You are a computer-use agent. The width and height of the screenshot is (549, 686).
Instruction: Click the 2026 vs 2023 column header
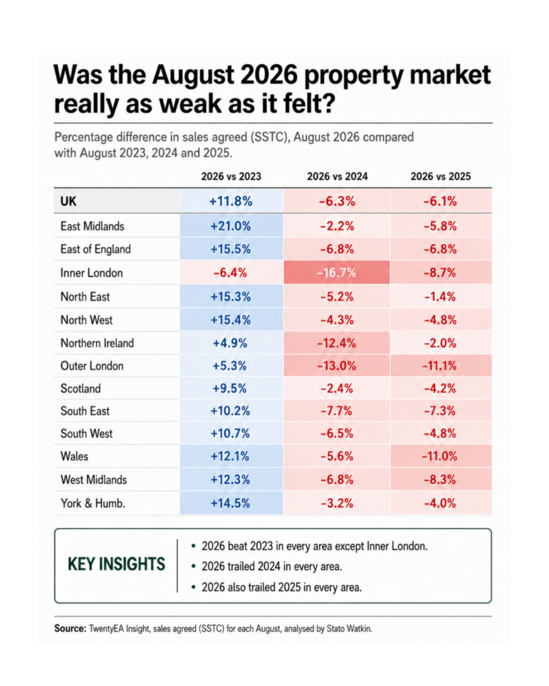[x=231, y=176]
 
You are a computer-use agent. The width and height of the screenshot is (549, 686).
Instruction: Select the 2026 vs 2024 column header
[x=337, y=176]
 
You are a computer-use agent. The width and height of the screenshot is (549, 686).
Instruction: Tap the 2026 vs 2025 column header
[x=441, y=176]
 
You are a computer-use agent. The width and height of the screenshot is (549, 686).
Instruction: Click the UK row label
[x=68, y=201]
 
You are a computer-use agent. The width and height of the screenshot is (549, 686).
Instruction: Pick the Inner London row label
[x=91, y=273]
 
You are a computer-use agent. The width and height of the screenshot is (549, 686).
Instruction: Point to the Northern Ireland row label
[x=97, y=343]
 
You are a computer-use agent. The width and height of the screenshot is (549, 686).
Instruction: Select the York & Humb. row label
[x=93, y=503]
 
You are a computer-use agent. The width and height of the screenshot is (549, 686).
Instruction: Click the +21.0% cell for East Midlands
[x=231, y=226]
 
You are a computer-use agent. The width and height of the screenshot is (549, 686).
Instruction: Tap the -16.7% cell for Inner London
[x=337, y=273]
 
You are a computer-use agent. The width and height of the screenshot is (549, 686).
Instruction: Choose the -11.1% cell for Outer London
[x=439, y=366]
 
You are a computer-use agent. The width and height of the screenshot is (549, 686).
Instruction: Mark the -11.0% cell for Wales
[x=439, y=456]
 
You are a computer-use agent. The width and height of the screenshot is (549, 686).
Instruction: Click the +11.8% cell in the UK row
[x=231, y=201]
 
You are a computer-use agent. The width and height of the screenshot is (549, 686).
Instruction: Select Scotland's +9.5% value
[x=230, y=389]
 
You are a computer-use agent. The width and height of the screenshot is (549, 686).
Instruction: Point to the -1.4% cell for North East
[x=440, y=297]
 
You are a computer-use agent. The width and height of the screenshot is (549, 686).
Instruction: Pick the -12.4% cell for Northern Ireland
[x=337, y=343]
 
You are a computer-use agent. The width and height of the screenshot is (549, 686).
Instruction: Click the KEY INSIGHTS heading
[x=117, y=564]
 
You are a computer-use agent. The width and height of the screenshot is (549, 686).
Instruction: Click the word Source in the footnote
[x=70, y=628]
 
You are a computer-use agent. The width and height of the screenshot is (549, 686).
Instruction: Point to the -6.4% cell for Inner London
[x=230, y=273]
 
